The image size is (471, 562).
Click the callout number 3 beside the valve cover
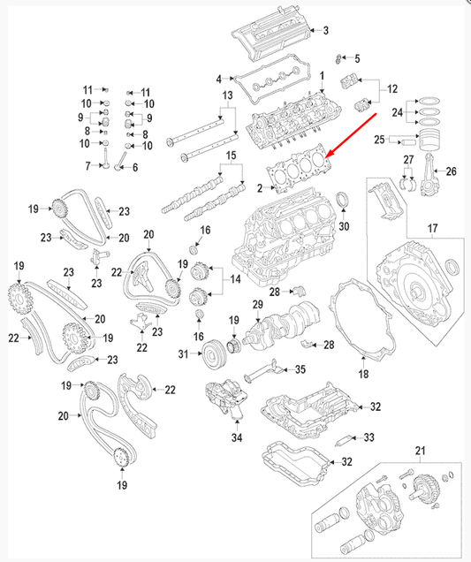325,31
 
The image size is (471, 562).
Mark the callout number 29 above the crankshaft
258,305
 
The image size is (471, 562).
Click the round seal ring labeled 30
344,206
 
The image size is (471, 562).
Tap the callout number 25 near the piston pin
379,140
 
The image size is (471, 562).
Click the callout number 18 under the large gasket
362,375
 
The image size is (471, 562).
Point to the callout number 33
369,437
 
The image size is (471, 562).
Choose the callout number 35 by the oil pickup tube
300,369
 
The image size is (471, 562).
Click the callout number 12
392,89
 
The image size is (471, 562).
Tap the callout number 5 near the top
357,58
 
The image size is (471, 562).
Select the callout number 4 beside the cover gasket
218,80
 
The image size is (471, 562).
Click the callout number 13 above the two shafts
226,95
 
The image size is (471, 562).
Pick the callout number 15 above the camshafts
232,156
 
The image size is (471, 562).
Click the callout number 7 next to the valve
88,166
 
